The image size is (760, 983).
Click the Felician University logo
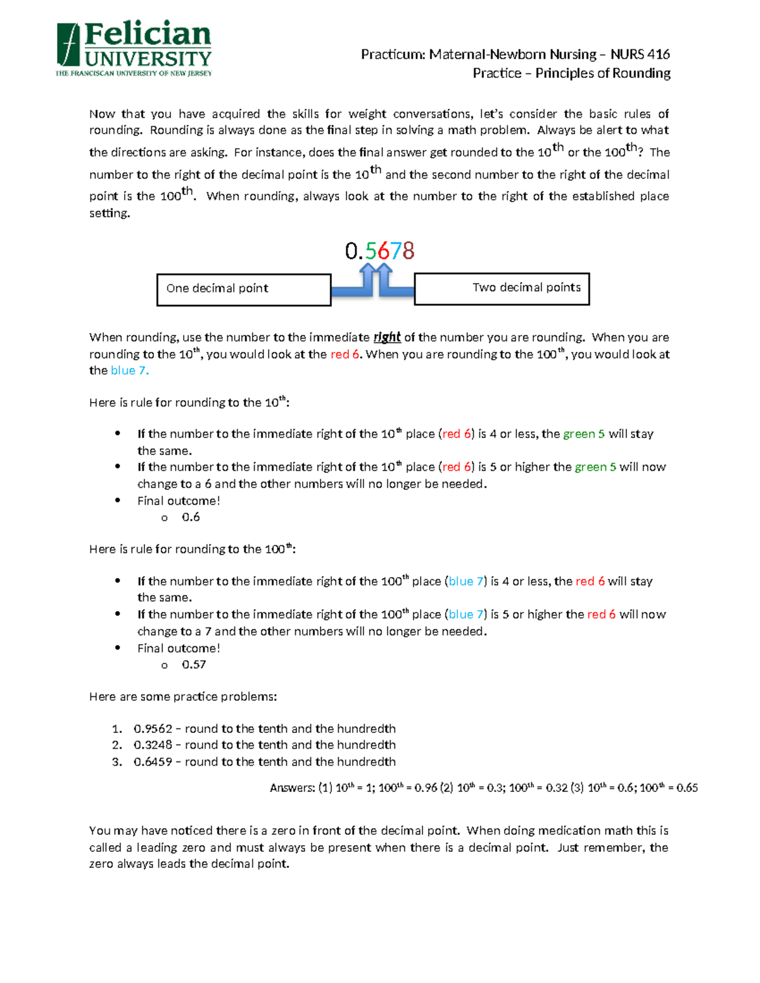(x=134, y=49)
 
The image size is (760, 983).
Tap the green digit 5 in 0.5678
(x=370, y=251)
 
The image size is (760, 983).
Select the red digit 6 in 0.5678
(x=383, y=251)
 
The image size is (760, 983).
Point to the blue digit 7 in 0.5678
(x=396, y=251)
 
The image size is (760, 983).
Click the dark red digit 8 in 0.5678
(x=408, y=251)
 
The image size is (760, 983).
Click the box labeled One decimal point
(x=244, y=289)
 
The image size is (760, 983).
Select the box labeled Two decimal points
(x=502, y=289)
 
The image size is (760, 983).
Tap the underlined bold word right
(x=386, y=337)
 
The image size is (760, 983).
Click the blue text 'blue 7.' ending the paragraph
(x=130, y=371)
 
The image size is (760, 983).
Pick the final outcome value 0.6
(x=191, y=517)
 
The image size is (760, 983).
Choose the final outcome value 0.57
(x=194, y=665)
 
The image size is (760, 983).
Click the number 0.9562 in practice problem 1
(x=153, y=729)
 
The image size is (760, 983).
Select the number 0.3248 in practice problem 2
(x=153, y=745)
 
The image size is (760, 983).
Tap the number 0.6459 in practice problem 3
(x=153, y=762)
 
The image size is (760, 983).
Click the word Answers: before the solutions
(x=292, y=788)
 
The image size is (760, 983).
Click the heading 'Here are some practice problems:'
(x=183, y=697)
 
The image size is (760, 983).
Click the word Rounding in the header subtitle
(x=644, y=73)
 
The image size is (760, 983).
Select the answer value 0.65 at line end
(x=687, y=788)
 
